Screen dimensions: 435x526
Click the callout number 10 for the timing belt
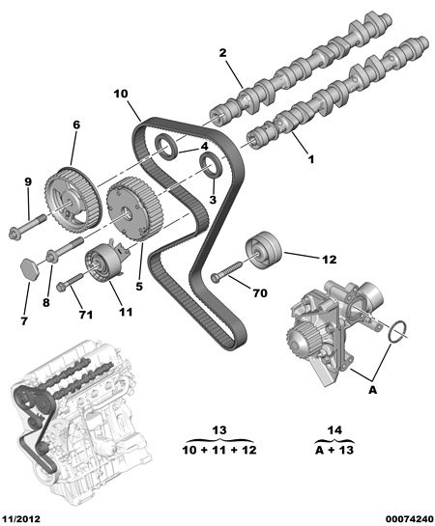121,94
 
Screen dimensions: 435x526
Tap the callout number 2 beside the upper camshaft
222,53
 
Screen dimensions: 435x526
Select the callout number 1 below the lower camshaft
311,158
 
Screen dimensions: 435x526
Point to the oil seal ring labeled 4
165,145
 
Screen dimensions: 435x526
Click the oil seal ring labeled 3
211,164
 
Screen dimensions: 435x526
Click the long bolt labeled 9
27,226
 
